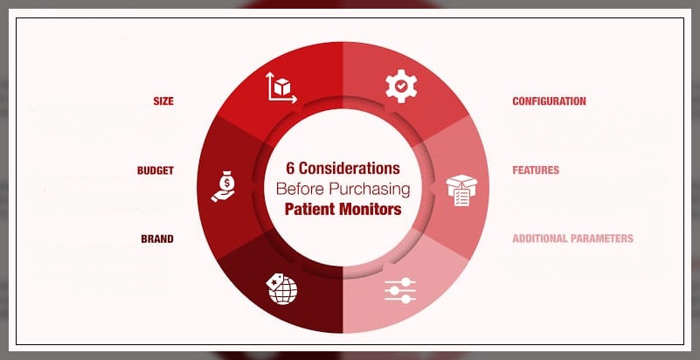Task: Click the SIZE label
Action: click(163, 101)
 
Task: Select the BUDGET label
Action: click(156, 170)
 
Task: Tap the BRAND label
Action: click(157, 239)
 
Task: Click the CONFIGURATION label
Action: click(549, 101)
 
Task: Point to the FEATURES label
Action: click(536, 170)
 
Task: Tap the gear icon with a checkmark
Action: click(401, 87)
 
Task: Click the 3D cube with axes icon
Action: click(281, 87)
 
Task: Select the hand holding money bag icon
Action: click(224, 186)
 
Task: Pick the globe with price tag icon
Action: click(281, 288)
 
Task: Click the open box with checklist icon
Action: click(461, 190)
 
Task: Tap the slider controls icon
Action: click(400, 290)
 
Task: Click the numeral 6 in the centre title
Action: click(291, 169)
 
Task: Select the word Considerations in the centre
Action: click(349, 169)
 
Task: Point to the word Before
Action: click(301, 189)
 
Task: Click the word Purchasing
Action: click(369, 190)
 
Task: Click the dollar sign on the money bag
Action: click(228, 183)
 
